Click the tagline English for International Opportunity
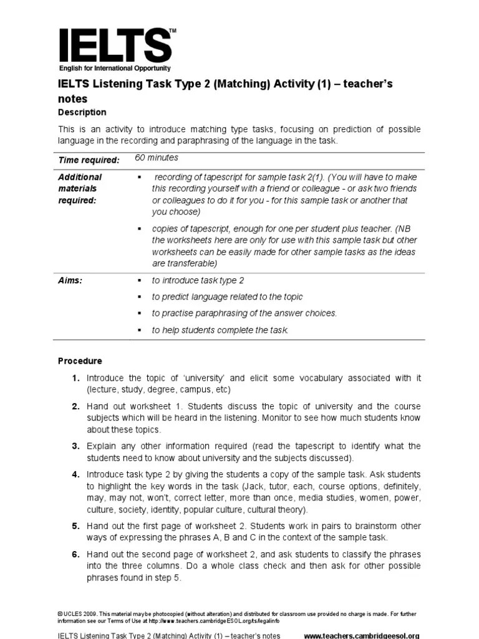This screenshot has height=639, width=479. coord(114,68)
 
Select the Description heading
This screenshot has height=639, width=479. coord(82,112)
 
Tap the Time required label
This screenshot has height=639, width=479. coord(89,160)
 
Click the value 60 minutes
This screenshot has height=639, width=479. coord(156,158)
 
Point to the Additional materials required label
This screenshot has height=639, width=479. coord(80,188)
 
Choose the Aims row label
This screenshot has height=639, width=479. coord(70,281)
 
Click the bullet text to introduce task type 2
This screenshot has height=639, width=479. coord(198,281)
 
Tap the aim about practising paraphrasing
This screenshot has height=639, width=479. coord(244,313)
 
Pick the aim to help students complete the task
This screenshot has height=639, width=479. coord(220,330)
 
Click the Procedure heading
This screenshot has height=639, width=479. coord(80,361)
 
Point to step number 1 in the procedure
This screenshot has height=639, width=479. coord(75,378)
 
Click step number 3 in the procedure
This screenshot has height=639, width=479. coord(75,446)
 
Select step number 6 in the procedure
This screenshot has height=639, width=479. coord(75,554)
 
